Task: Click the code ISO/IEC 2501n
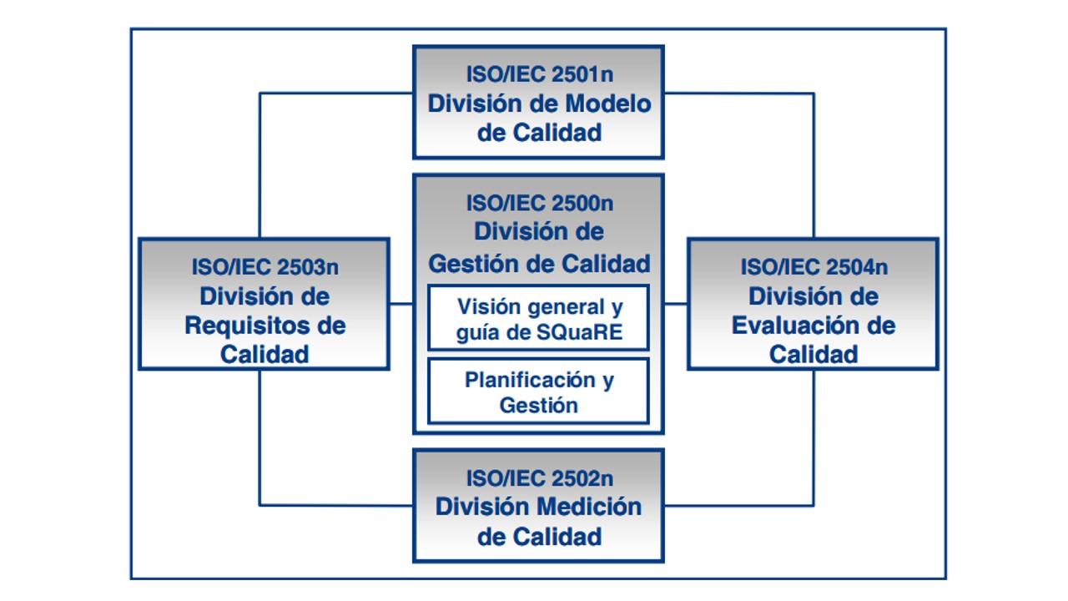point(539,74)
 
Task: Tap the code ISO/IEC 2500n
point(539,203)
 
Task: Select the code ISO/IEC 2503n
point(264,267)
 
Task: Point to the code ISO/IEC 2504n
point(814,267)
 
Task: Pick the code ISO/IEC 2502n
point(539,479)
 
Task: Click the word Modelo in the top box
point(608,104)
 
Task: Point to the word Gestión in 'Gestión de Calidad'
point(473,264)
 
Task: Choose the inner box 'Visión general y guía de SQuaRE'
point(538,317)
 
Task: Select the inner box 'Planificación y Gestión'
point(538,391)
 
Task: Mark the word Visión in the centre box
point(488,306)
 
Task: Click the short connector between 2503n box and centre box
point(401,304)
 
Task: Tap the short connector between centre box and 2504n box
point(676,304)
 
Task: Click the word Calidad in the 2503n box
point(264,354)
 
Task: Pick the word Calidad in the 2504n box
point(814,354)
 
